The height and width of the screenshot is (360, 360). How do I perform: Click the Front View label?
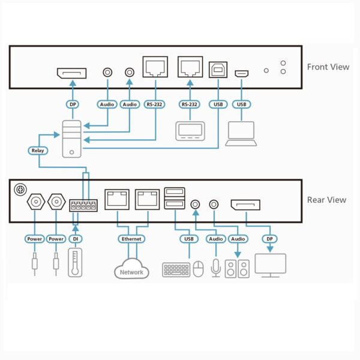(328, 67)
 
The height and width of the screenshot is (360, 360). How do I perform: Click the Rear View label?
(326, 200)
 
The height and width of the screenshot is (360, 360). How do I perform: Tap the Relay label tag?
(37, 151)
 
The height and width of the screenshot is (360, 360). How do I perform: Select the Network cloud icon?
(131, 269)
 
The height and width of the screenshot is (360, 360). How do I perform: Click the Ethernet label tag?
(131, 239)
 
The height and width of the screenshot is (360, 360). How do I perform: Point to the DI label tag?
(74, 239)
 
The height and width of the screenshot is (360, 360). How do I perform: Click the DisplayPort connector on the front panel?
(71, 73)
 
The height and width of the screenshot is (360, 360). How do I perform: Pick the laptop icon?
(241, 133)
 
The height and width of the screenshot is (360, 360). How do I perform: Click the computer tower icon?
(73, 139)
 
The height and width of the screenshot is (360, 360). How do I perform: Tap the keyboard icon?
(176, 269)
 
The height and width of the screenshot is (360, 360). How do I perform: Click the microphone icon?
(215, 267)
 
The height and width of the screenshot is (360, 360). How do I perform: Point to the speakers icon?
(238, 267)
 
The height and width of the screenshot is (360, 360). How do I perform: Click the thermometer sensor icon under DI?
(74, 263)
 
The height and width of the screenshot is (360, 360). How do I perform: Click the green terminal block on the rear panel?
(83, 205)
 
